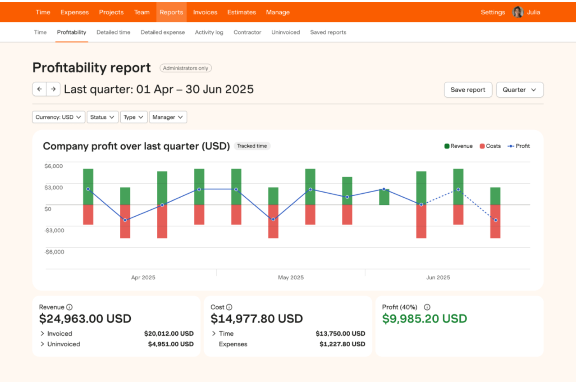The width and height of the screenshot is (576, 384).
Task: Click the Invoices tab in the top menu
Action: (205, 12)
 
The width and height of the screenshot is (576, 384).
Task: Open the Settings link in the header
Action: (492, 12)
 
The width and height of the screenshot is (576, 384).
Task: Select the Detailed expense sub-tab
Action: (162, 32)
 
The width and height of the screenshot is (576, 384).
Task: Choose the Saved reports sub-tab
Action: (328, 32)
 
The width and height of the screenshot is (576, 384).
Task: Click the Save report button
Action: (468, 90)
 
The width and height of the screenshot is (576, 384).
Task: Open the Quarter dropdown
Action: (519, 90)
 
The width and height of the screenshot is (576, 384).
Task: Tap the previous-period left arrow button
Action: (39, 89)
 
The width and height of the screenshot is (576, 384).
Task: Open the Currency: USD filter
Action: (58, 117)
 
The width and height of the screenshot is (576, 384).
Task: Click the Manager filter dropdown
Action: (168, 117)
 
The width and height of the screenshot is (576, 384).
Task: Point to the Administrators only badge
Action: (186, 68)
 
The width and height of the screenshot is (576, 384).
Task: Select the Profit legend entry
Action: (518, 146)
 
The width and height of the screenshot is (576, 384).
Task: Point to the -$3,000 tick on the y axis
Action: (54, 230)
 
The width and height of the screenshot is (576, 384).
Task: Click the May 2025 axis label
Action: (291, 277)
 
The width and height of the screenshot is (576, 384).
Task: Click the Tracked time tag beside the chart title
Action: (252, 146)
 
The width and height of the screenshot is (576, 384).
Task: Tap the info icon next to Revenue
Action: (69, 307)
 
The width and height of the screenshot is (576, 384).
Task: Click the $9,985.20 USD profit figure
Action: (424, 319)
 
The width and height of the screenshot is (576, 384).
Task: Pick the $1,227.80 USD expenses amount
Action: (342, 344)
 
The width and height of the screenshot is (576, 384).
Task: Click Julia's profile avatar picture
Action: (518, 12)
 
